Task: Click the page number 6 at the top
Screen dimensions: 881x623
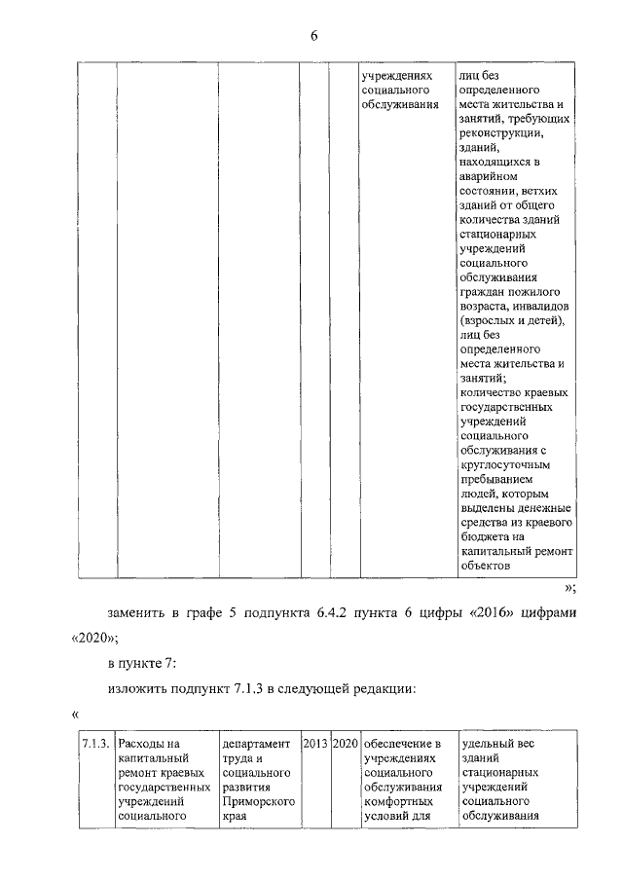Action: click(x=313, y=36)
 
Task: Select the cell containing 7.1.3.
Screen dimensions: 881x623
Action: click(x=94, y=744)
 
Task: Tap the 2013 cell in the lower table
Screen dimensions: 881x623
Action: click(x=315, y=744)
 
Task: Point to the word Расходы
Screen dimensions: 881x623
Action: click(x=142, y=744)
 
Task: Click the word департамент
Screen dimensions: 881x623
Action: click(x=255, y=744)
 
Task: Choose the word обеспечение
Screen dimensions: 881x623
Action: click(x=401, y=744)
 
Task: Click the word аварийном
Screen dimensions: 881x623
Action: click(x=489, y=176)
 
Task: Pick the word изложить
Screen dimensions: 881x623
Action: click(x=138, y=690)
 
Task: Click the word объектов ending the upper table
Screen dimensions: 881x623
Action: click(x=484, y=566)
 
